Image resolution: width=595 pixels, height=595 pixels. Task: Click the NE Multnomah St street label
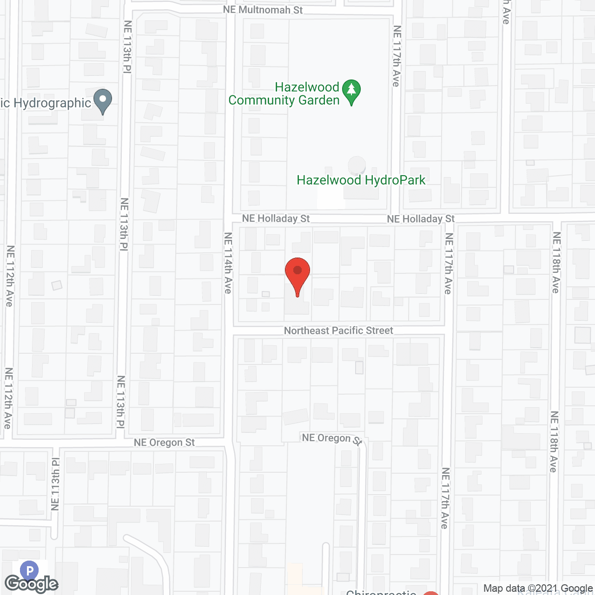(263, 9)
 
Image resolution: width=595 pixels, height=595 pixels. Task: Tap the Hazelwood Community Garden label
(284, 93)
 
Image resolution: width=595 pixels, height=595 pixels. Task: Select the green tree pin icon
(351, 91)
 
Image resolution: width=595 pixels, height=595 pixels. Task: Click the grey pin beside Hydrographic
(103, 100)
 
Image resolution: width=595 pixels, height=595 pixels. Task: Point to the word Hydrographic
(52, 103)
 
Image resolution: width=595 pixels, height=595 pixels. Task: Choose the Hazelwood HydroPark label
(361, 180)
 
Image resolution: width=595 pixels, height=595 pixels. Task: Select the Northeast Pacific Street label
(338, 331)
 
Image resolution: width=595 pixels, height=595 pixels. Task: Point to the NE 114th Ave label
(228, 263)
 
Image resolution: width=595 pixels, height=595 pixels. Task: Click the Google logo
(31, 584)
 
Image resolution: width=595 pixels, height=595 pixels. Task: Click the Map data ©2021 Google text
(538, 588)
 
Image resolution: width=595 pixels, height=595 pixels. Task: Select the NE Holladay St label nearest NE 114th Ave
(276, 218)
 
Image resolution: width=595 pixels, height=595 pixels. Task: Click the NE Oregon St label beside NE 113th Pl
(164, 443)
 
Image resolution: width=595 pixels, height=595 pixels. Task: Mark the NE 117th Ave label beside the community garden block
(397, 56)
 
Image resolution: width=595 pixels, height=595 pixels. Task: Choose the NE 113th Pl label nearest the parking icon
(55, 483)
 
